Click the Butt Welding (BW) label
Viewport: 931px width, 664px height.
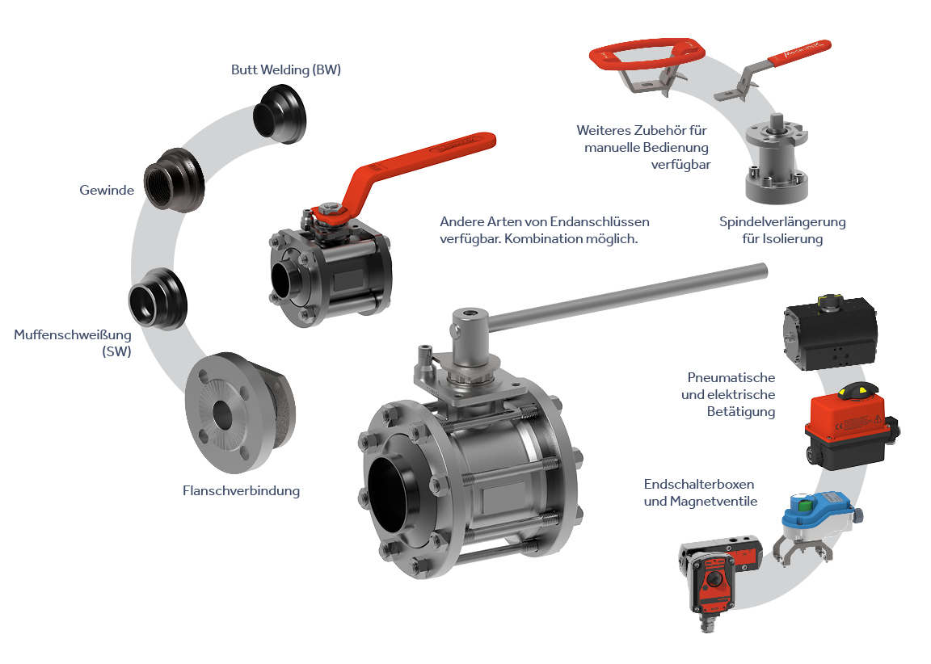click(285, 70)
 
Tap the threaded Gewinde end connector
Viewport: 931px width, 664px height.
click(174, 180)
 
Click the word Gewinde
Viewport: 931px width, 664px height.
click(107, 191)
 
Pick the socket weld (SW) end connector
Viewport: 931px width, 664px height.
click(158, 299)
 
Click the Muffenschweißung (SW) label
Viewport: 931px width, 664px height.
click(73, 343)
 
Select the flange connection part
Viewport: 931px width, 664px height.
click(239, 413)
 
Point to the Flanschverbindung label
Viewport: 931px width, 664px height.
click(241, 491)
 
